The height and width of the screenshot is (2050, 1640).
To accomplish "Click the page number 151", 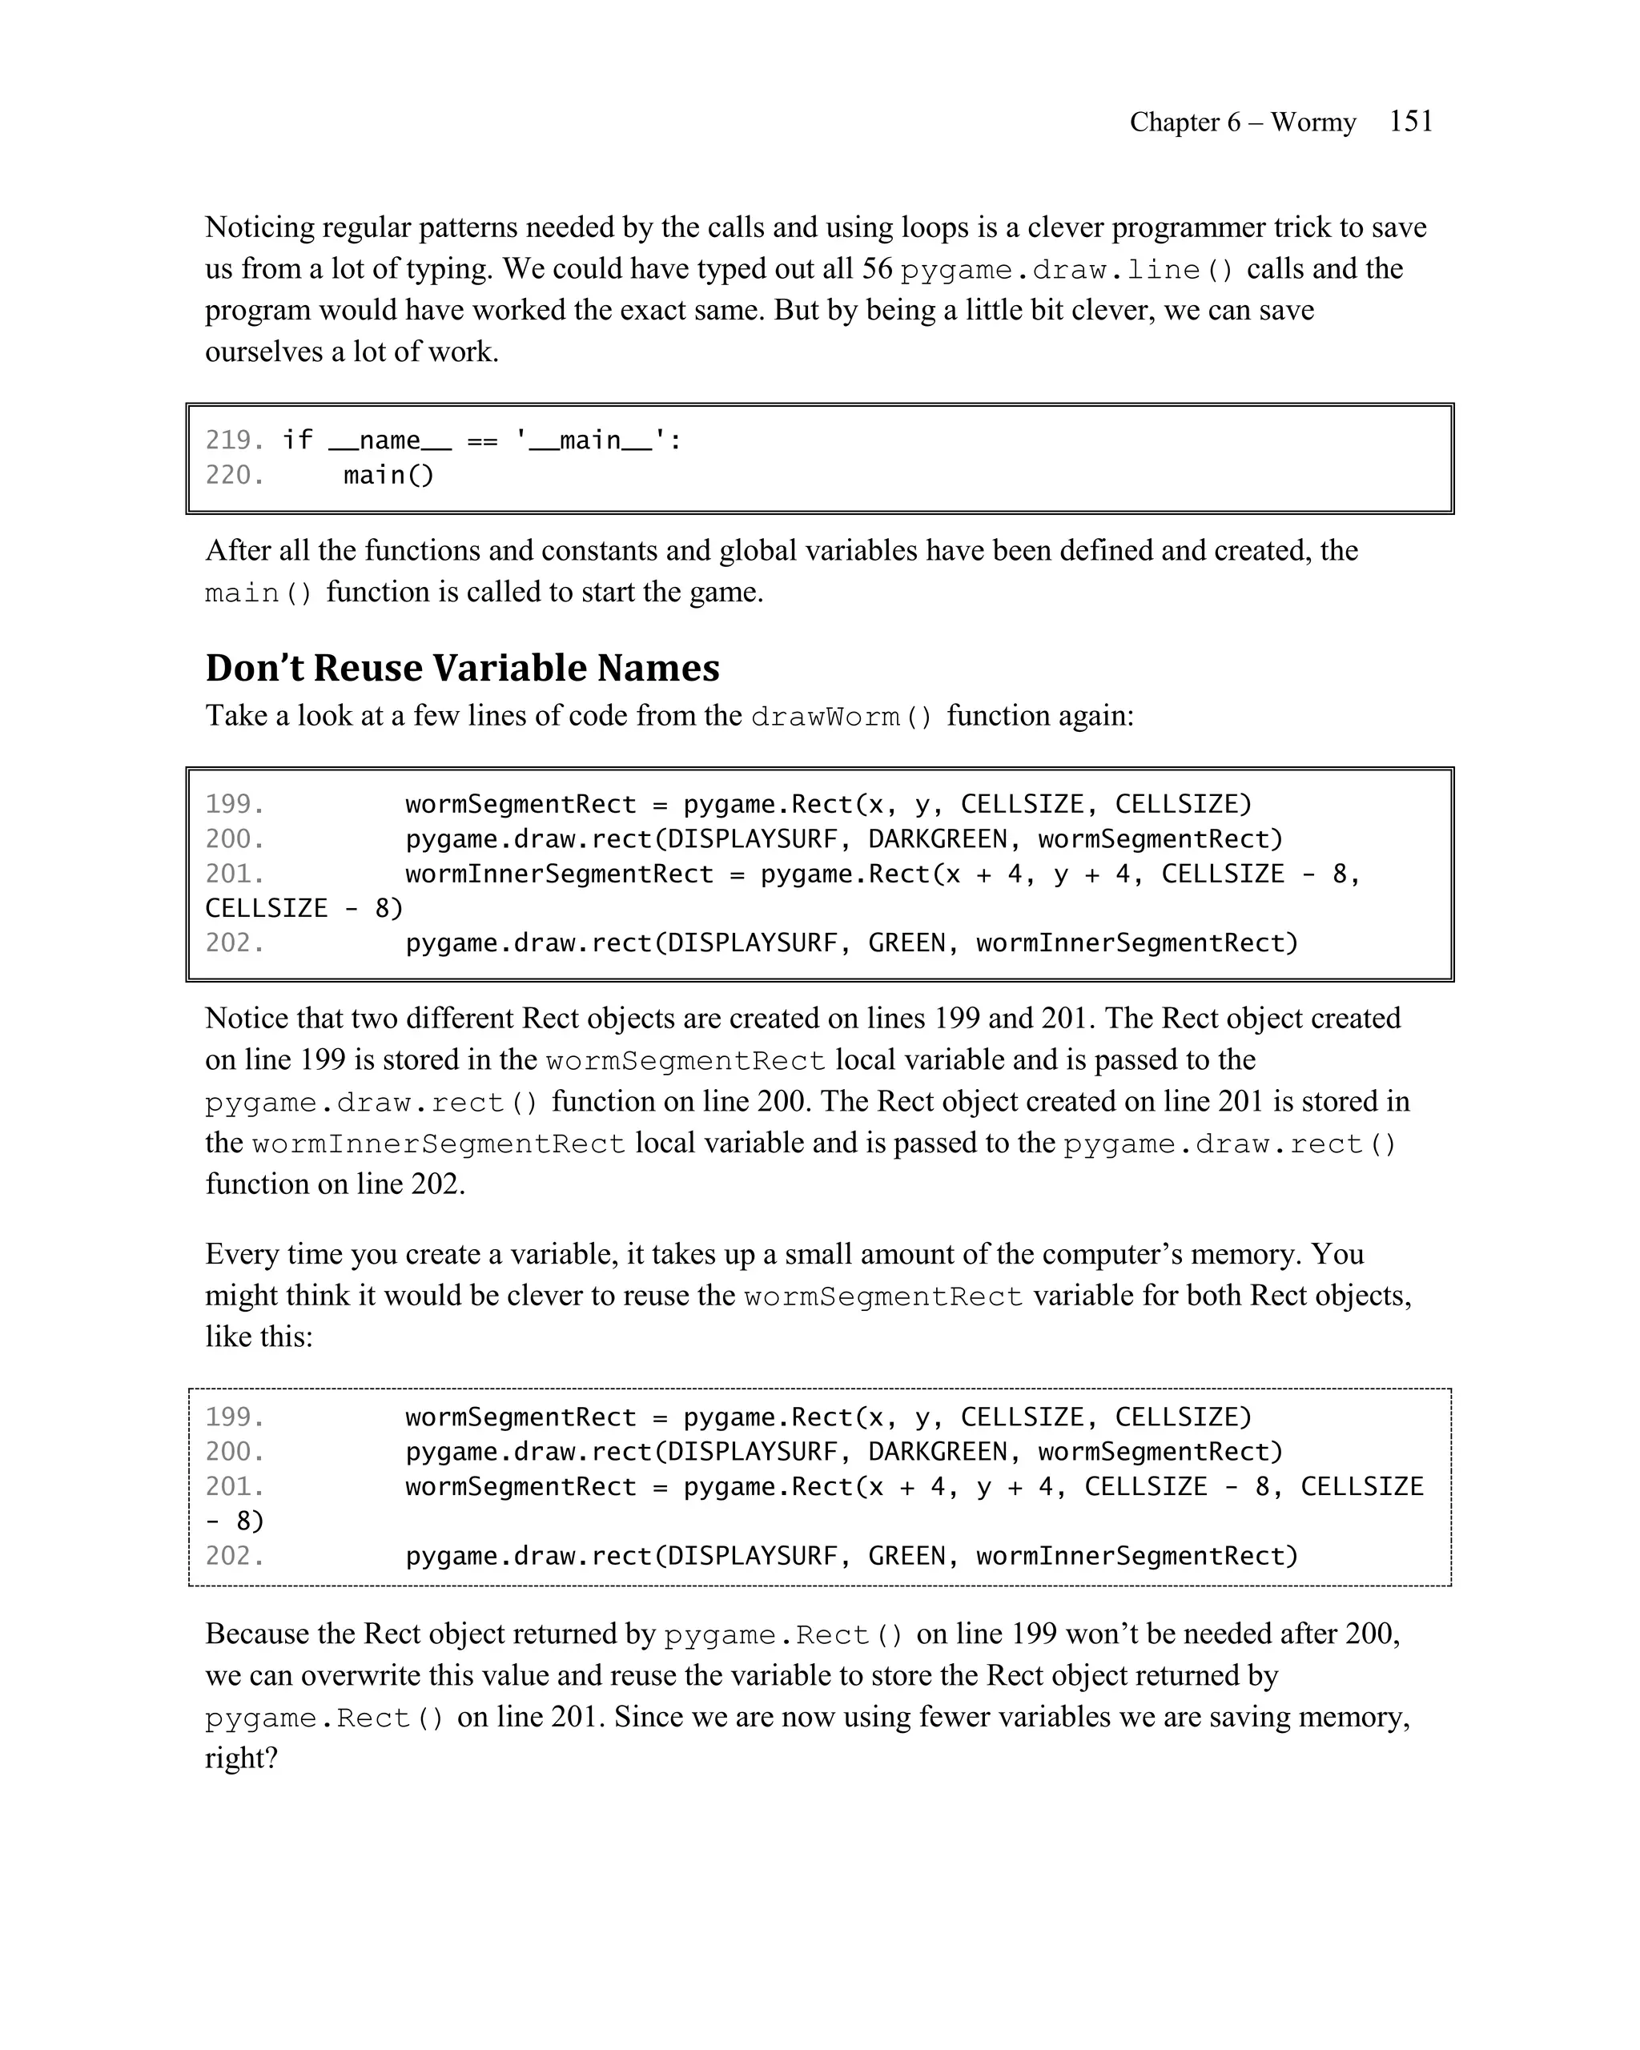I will coord(1410,121).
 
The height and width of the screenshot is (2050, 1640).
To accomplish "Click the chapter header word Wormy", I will coord(1313,123).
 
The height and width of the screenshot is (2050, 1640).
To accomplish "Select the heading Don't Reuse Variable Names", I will coord(462,668).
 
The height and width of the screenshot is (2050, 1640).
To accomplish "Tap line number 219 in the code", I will coord(233,440).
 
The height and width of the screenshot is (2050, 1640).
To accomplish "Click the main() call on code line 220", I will coord(388,475).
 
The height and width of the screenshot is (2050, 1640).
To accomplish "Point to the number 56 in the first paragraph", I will coord(877,269).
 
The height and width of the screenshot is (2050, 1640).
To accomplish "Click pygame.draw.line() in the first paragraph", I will coord(1067,270).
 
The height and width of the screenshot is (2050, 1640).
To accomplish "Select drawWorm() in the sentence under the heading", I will coord(842,716).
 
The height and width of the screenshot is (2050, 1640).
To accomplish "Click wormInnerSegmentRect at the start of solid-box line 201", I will coord(559,874).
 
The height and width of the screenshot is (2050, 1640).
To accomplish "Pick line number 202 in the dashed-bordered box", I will coord(233,1556).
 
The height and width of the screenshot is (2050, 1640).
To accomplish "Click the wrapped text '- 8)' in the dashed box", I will coord(234,1521).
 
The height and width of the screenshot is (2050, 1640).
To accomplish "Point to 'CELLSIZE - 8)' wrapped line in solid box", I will coord(304,908).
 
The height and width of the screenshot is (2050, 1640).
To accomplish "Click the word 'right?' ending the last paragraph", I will coord(240,1758).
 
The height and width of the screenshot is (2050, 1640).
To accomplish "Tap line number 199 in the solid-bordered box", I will coord(233,805).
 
